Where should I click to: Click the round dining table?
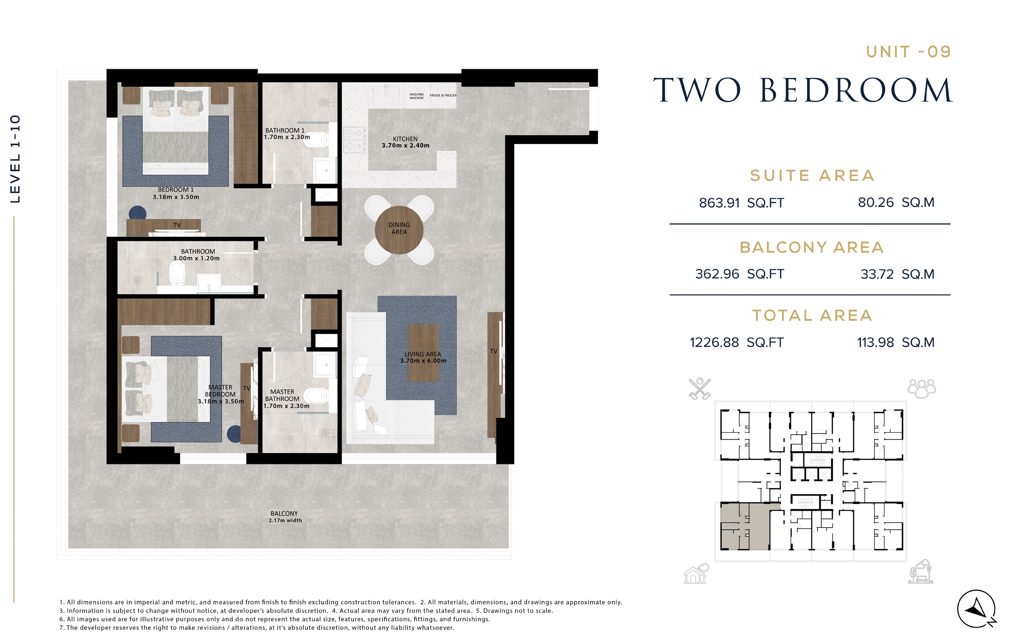(399, 229)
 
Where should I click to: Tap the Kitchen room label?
(406, 142)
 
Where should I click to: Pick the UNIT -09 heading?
(908, 52)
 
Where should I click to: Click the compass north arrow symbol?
(977, 609)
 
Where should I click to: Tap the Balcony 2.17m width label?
(285, 517)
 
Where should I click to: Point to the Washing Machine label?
(417, 96)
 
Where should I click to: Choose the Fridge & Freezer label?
(443, 95)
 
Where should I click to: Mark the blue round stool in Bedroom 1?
(138, 213)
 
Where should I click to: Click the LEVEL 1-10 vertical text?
(15, 159)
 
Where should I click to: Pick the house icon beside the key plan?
(697, 574)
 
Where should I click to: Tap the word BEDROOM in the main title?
(856, 91)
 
